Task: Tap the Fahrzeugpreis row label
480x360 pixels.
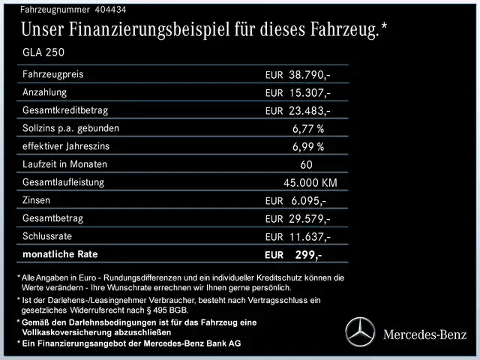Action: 53,75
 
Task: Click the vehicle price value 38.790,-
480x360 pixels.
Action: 310,75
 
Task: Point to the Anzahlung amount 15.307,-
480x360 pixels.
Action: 310,93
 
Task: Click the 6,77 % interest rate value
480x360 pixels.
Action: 308,128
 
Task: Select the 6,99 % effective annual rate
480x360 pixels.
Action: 308,146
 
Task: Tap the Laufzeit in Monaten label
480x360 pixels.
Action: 65,164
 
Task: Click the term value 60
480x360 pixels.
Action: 306,164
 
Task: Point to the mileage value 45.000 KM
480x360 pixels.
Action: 310,183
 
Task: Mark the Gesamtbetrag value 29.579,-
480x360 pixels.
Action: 310,219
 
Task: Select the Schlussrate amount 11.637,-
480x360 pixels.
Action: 310,237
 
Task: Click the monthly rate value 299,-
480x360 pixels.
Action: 308,255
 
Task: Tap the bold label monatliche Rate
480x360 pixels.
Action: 61,254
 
